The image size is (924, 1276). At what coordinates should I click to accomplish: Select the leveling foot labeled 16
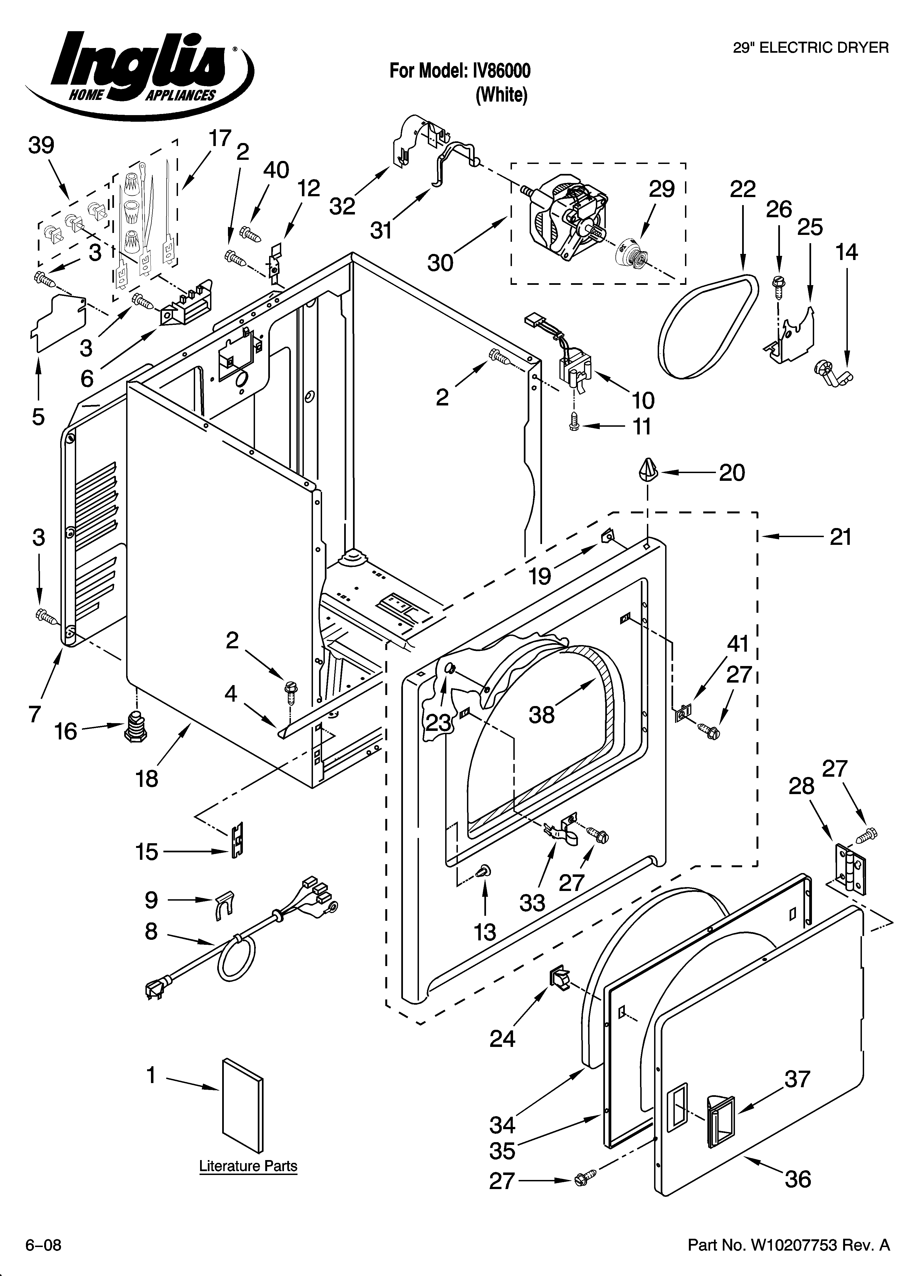135,726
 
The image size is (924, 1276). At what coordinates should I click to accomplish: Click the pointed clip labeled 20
647,469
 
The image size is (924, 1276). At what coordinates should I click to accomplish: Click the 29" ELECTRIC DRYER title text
810,48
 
